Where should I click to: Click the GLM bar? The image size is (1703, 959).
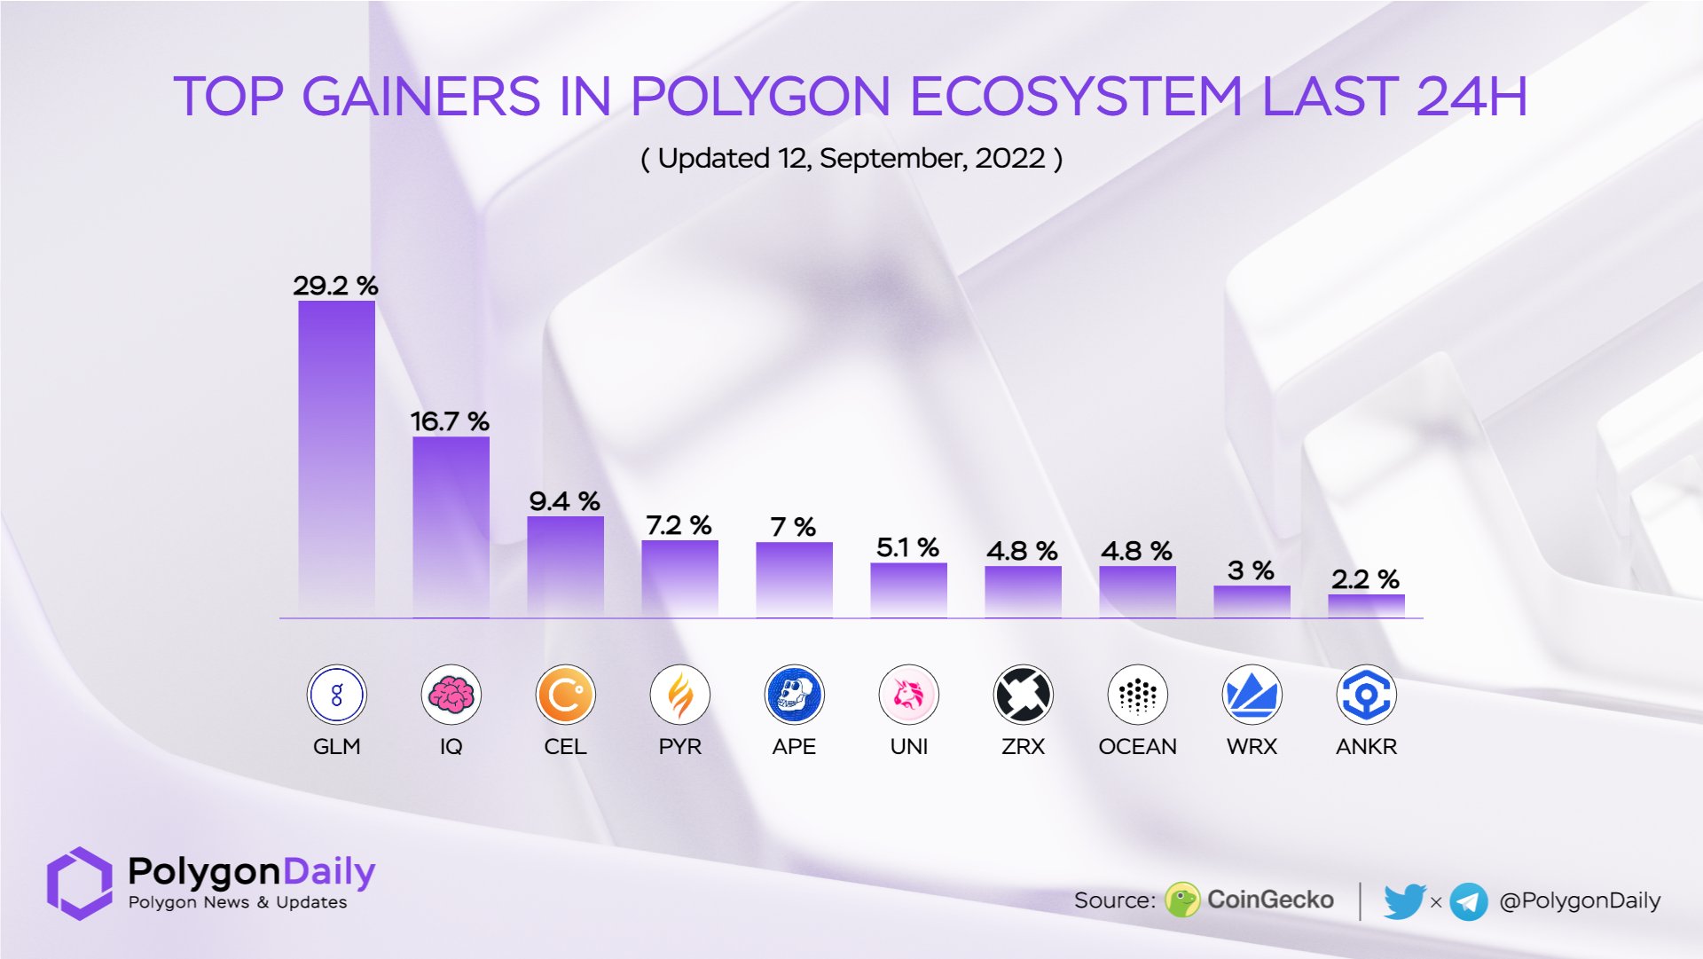point(336,457)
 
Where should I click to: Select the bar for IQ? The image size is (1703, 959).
point(451,525)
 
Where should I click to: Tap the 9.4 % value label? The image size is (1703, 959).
point(564,501)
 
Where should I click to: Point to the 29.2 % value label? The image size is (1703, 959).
point(335,286)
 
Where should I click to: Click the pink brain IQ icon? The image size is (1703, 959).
point(451,695)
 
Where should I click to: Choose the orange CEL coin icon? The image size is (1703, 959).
point(565,695)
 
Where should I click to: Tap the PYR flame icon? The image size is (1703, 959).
point(679,695)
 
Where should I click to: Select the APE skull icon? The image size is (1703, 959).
point(794,695)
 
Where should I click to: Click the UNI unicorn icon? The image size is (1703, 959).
point(908,695)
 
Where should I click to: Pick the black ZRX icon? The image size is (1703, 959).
point(1023,695)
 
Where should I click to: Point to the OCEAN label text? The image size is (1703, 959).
point(1137,747)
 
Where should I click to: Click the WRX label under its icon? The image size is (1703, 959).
point(1252,747)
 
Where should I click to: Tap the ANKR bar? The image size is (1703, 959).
point(1366,606)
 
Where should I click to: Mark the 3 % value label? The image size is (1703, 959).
point(1251,570)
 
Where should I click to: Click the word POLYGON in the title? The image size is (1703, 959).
point(760,96)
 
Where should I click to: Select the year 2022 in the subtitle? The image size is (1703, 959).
point(1010,159)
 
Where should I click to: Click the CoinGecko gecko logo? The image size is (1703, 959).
point(1182,900)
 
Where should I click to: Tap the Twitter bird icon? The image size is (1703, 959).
point(1404,901)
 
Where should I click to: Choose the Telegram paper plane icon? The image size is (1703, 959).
point(1469,902)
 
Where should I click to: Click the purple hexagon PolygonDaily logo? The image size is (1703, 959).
point(80,883)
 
